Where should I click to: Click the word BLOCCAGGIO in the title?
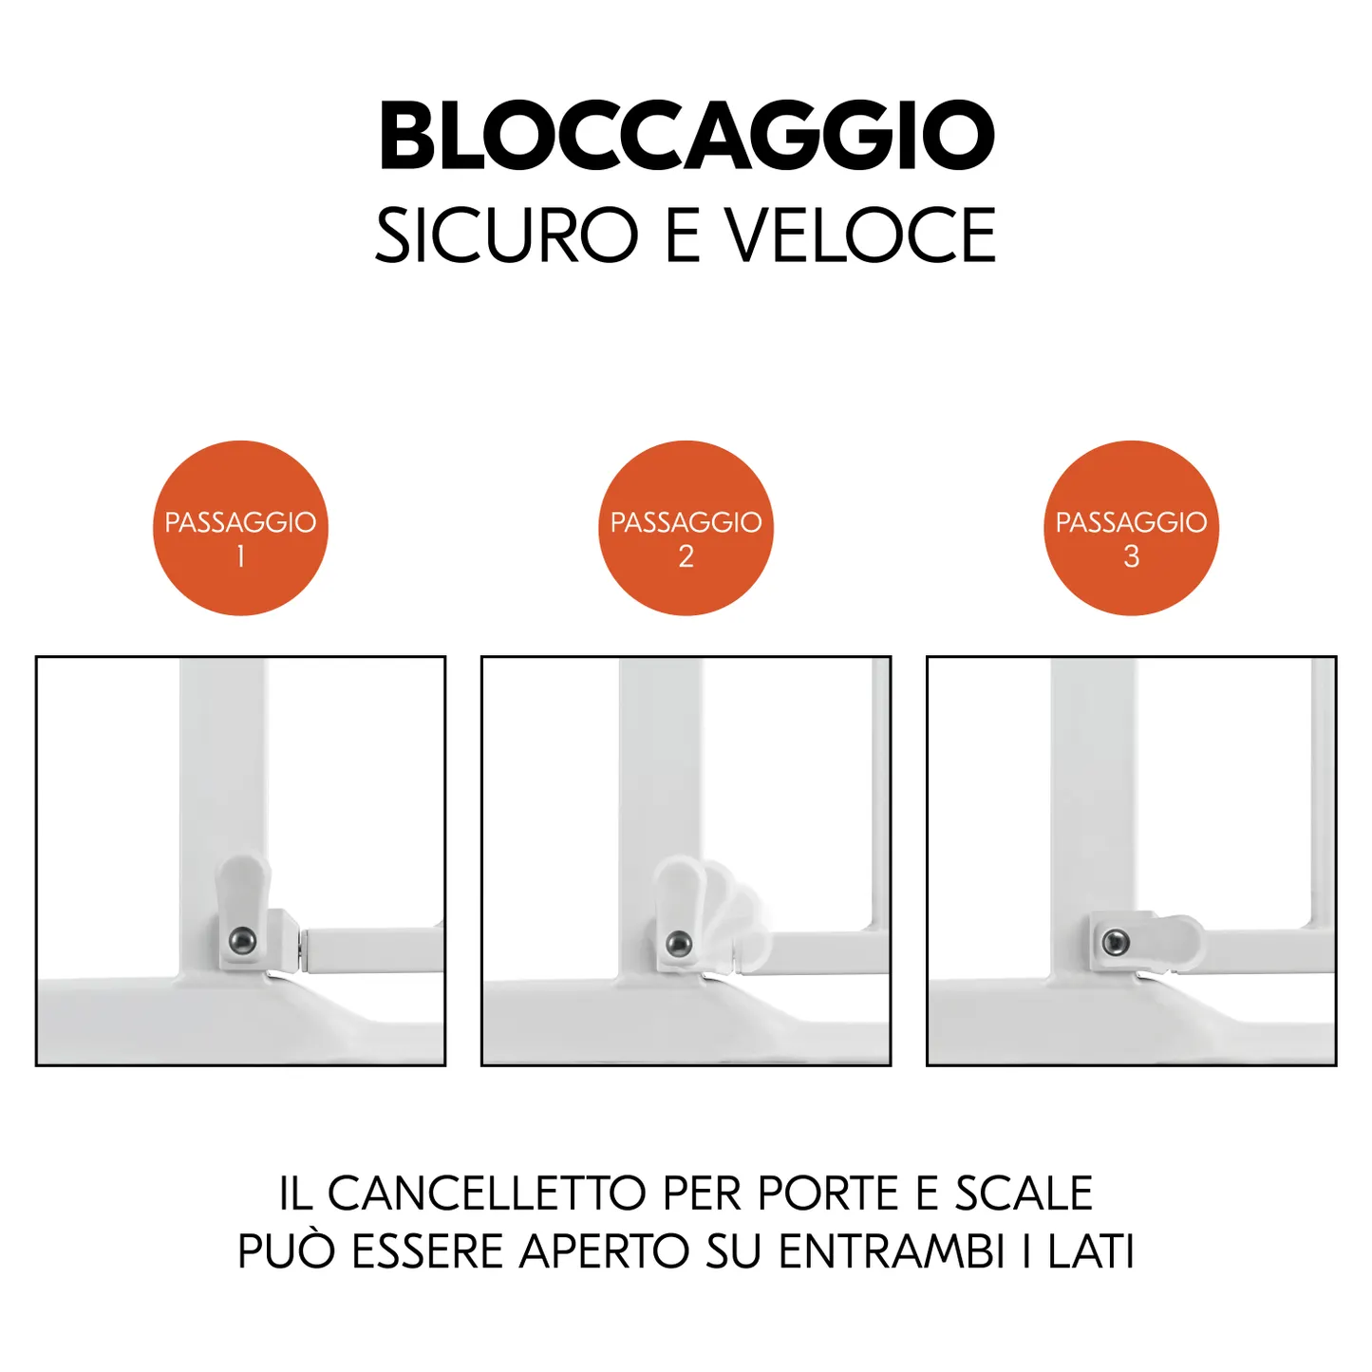687,135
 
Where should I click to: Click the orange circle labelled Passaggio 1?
240,528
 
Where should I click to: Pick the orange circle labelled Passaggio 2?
686,528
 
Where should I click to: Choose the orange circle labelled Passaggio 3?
1132,528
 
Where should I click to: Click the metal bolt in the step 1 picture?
243,941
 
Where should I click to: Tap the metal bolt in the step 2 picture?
679,944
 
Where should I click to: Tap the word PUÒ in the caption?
286,1250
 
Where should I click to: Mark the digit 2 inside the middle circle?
686,556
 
